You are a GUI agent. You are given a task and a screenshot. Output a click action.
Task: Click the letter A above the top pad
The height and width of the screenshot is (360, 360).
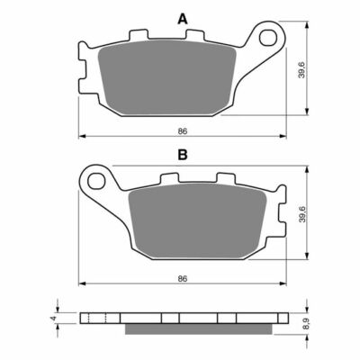(x=183, y=18)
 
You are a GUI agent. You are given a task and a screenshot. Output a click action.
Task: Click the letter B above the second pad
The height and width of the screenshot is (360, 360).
(x=183, y=155)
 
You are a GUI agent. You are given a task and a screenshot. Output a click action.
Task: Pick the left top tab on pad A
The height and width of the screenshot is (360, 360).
(x=139, y=37)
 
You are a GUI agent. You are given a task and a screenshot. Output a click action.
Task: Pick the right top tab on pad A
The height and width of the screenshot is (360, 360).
(x=191, y=37)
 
